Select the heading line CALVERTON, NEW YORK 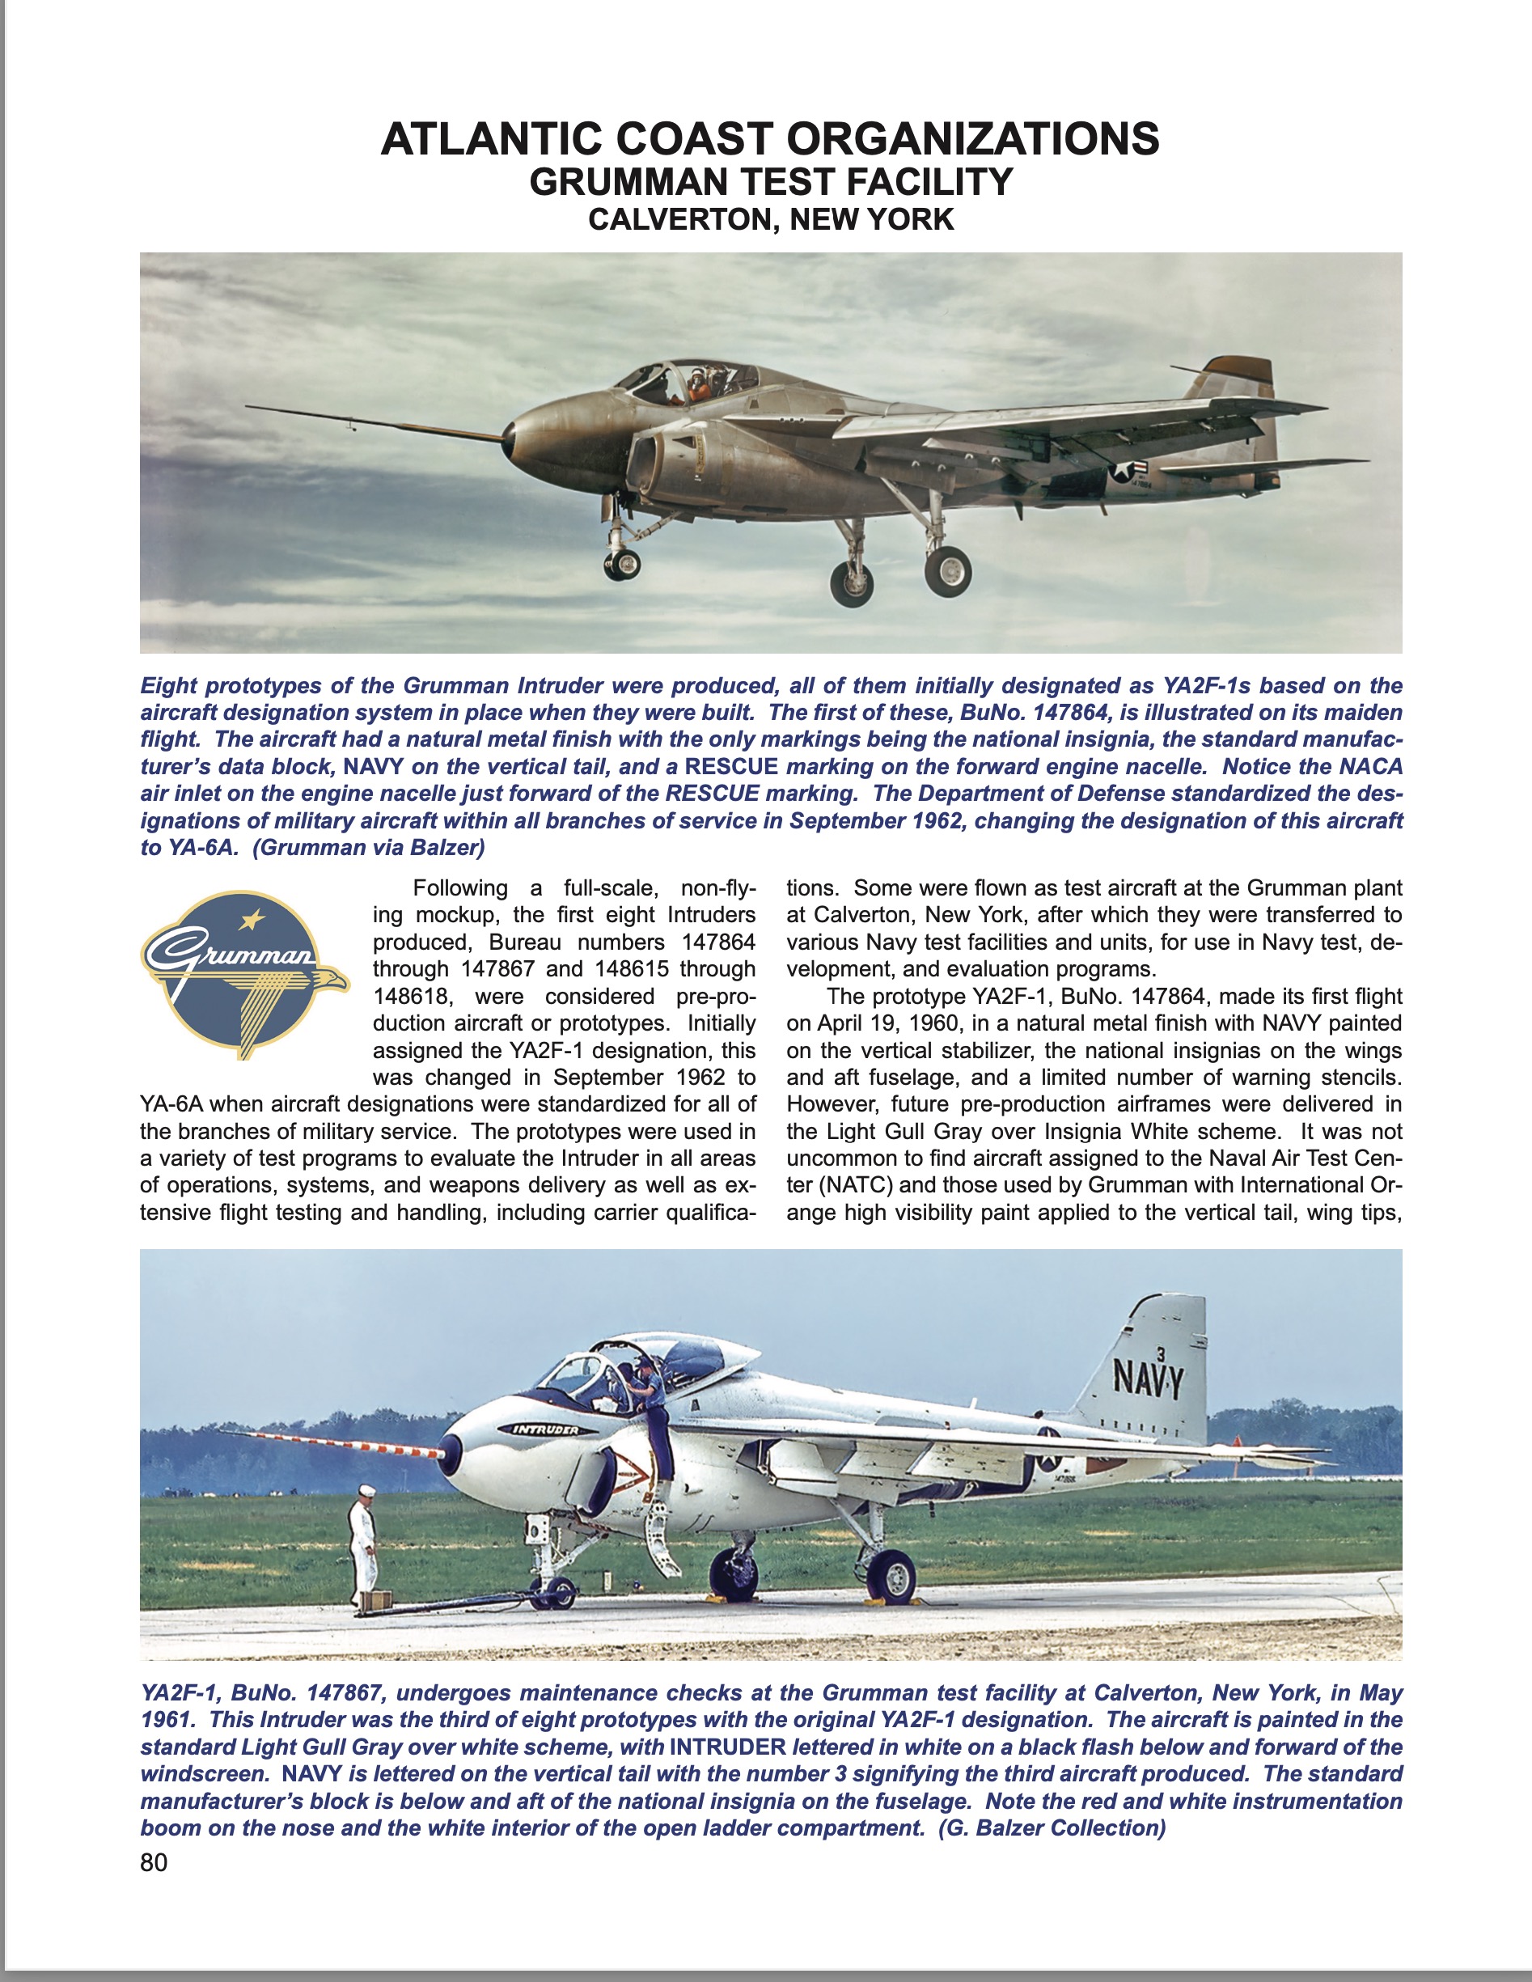click(x=771, y=219)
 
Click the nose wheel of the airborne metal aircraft click(x=623, y=564)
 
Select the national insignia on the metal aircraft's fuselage click(x=1128, y=471)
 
